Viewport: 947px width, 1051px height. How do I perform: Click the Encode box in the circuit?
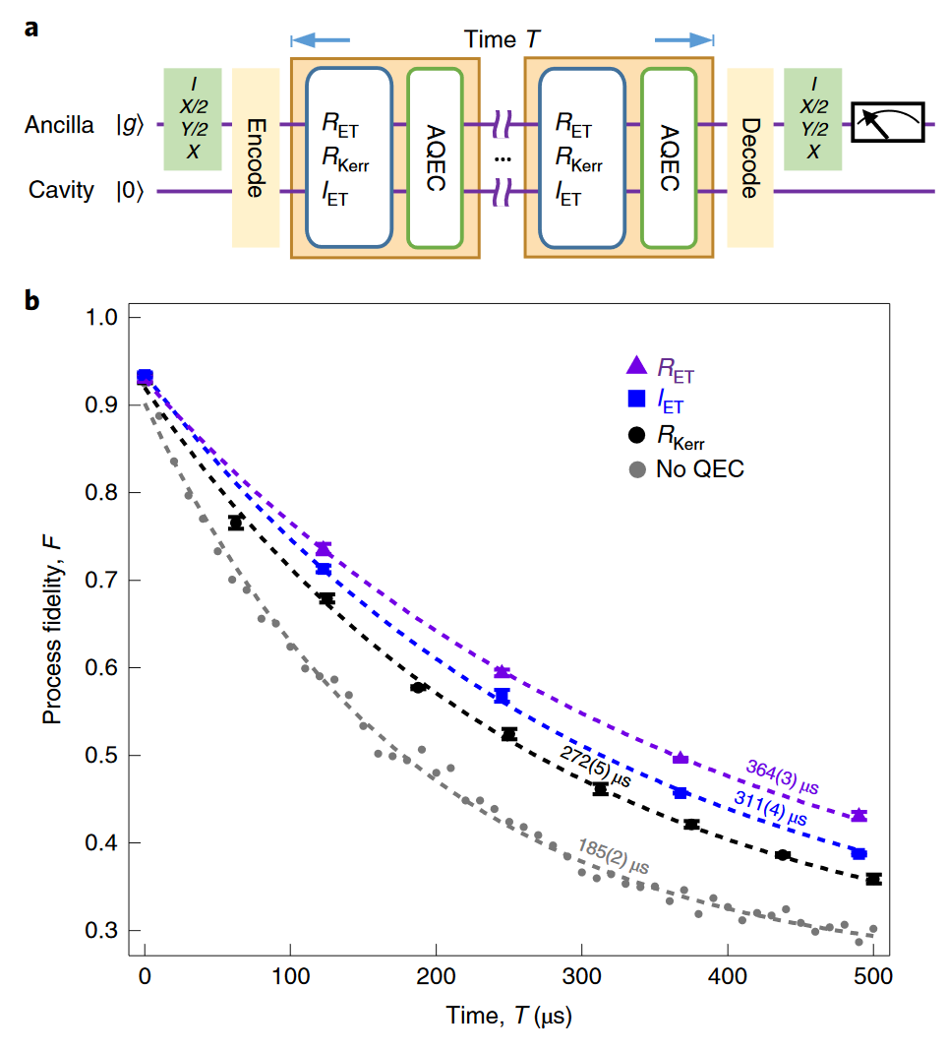[x=255, y=157]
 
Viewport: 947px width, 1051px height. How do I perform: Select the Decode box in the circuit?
[x=750, y=157]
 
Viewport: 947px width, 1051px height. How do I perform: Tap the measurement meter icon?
[x=888, y=122]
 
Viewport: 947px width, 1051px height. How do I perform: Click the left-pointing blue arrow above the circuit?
[x=320, y=40]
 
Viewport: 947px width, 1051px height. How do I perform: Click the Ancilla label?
[x=61, y=125]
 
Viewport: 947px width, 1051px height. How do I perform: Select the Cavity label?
[x=61, y=190]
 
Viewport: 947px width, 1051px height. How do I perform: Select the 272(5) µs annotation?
[x=595, y=765]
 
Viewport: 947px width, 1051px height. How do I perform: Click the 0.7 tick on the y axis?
[x=107, y=581]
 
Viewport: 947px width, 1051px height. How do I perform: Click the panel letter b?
[x=32, y=301]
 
